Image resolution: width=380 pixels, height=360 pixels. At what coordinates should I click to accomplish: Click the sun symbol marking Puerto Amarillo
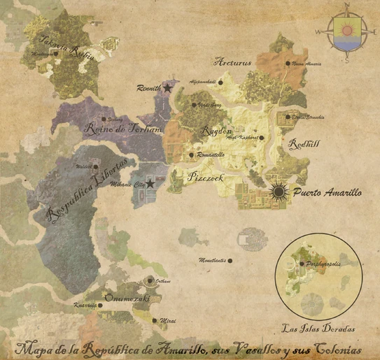279,191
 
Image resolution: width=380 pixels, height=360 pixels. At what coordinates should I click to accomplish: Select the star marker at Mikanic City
149,183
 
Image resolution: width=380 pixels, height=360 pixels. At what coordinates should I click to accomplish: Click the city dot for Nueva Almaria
287,64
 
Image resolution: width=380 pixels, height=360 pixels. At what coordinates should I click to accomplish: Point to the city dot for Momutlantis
230,261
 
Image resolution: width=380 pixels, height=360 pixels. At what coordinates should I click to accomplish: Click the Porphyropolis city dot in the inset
302,264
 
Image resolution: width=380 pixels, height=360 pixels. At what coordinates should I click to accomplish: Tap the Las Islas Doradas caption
318,327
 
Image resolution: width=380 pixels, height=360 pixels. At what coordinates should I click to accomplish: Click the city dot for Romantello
191,155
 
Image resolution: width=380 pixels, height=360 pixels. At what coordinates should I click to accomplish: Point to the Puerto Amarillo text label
327,192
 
